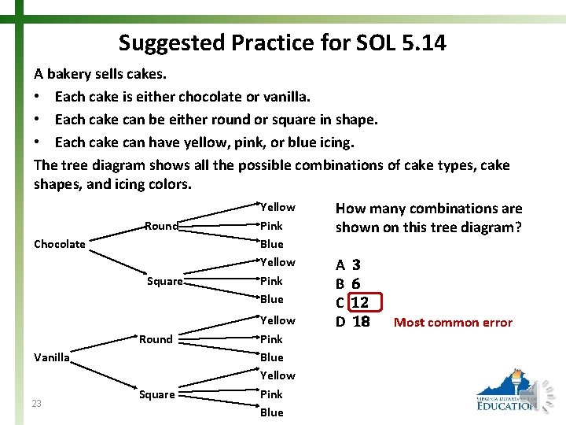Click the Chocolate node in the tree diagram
60,244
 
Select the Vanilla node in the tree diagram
52,357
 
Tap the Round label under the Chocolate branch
161,226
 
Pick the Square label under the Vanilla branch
156,394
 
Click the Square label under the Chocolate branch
165,281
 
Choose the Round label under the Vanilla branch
156,339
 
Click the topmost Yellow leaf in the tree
277,207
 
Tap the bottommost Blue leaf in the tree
271,412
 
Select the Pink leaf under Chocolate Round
271,226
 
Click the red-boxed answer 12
360,303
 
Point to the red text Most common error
453,322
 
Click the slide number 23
37,404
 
